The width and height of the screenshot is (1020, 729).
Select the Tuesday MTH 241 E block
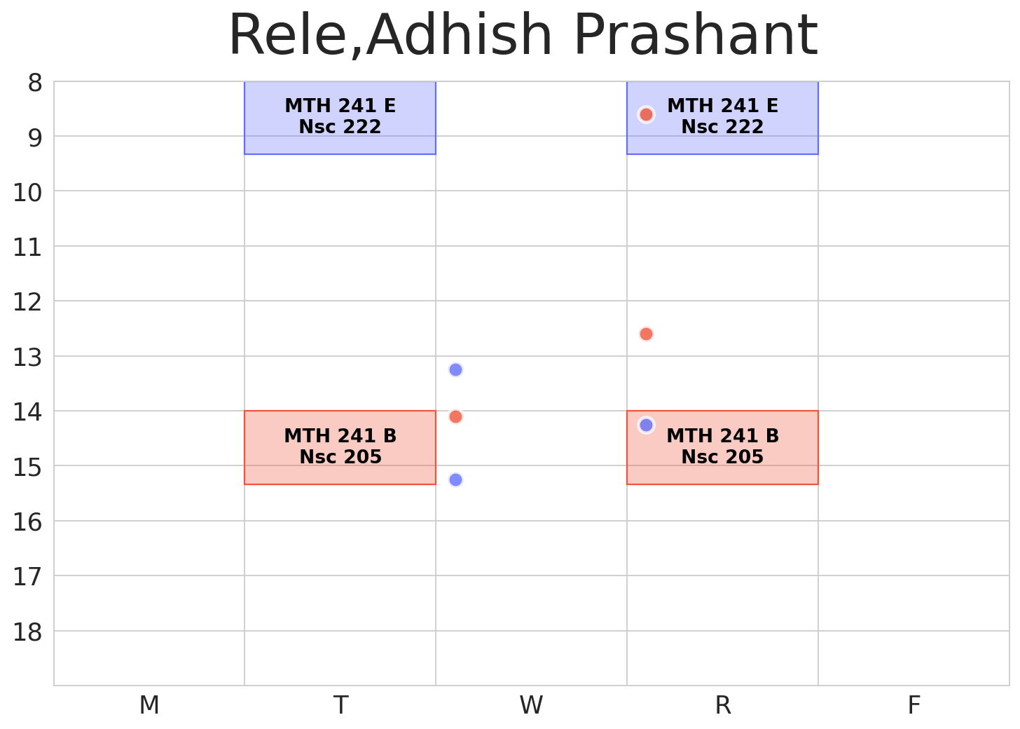tap(340, 117)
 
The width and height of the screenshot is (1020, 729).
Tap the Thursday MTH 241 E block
tap(722, 117)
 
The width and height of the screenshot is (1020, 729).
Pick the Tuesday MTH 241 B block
tap(340, 447)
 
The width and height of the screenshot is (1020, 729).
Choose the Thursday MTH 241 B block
tap(722, 447)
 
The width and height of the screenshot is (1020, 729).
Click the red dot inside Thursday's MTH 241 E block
tap(646, 114)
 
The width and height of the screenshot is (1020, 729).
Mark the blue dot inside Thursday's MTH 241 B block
tap(646, 425)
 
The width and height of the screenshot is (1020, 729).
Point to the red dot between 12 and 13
tap(646, 334)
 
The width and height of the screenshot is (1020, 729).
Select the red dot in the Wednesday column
tap(455, 416)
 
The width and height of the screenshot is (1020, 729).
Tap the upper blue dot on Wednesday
tap(455, 369)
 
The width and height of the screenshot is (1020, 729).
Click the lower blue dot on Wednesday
tap(455, 479)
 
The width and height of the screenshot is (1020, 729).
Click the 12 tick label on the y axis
tap(28, 302)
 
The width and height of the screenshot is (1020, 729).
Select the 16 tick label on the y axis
tap(28, 522)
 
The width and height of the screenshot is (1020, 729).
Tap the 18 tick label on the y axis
tap(28, 632)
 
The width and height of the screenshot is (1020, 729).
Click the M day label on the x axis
tap(149, 705)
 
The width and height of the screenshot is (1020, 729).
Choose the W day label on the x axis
tap(531, 705)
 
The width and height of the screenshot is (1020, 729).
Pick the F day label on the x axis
tap(914, 705)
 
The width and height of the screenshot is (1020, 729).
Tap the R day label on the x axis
tap(722, 705)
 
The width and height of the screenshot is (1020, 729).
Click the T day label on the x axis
tap(340, 705)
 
